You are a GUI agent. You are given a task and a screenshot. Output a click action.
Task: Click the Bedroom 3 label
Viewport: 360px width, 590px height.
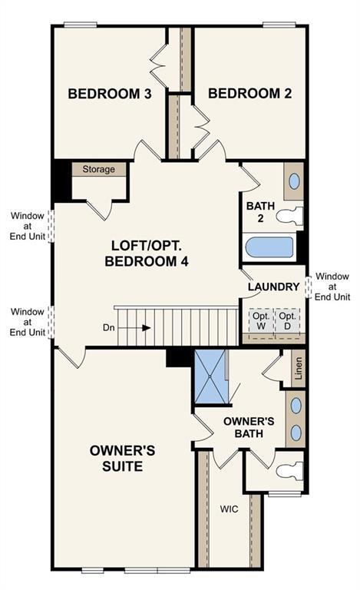110,94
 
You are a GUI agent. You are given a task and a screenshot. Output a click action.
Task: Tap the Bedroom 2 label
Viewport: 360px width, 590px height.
250,93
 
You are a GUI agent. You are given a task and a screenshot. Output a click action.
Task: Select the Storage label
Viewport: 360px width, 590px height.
98,169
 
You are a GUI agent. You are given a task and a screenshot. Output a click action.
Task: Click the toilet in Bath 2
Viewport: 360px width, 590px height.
289,216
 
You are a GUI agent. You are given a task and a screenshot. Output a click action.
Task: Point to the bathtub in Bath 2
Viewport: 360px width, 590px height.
269,247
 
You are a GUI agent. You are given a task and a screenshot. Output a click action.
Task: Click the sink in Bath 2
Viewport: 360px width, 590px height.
294,181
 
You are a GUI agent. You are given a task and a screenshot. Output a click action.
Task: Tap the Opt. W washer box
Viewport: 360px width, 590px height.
261,321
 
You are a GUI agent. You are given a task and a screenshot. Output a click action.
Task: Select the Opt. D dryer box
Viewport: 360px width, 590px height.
288,321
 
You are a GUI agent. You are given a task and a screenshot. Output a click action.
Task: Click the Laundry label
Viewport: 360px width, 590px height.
273,287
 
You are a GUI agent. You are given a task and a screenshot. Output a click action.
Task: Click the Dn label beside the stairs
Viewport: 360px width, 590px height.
108,328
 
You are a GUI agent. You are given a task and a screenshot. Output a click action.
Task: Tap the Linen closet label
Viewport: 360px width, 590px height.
298,369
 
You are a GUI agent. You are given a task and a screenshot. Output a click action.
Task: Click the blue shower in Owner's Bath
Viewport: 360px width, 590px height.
210,376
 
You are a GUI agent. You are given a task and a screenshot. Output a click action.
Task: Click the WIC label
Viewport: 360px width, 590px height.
229,509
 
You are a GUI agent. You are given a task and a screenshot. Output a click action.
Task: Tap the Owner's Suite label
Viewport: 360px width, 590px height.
123,459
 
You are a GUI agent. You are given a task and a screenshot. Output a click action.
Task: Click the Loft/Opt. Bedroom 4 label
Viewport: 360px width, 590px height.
147,254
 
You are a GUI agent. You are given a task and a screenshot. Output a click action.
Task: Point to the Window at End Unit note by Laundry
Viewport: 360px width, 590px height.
332,287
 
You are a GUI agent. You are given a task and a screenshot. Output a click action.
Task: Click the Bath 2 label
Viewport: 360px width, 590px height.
260,212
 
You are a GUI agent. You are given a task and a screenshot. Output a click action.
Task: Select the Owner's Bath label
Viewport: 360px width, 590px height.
249,427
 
